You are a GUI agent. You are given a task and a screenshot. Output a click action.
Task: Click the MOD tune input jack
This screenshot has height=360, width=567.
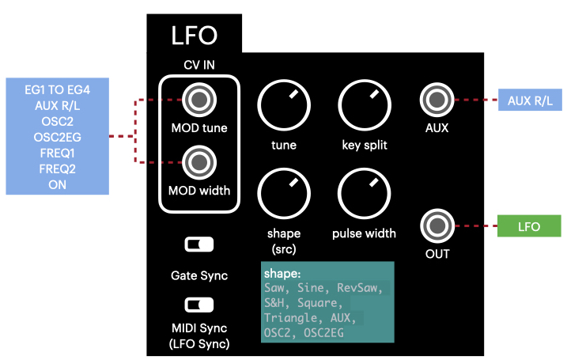tap(198, 100)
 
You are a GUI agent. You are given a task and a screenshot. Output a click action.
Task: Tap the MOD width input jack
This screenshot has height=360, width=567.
tap(198, 163)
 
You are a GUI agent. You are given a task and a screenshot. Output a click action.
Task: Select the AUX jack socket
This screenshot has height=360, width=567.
tap(436, 100)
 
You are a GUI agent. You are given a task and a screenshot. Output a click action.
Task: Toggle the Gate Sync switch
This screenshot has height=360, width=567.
tap(198, 244)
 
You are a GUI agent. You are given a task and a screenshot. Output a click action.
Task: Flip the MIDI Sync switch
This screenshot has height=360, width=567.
tap(198, 305)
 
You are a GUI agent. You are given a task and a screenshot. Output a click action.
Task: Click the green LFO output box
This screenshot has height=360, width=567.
tap(528, 226)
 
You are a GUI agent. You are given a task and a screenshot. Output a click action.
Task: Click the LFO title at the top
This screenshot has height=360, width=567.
tap(195, 36)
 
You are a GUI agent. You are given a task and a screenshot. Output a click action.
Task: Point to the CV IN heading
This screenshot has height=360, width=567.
tap(198, 66)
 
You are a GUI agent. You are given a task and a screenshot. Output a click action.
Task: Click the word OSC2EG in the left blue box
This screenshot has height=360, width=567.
tap(56, 136)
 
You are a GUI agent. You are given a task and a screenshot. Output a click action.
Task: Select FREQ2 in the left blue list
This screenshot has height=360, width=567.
tap(56, 169)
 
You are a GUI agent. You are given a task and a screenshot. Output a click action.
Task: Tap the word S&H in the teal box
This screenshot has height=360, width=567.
tap(276, 303)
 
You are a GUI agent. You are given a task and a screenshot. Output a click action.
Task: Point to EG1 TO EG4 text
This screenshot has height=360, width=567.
tap(57, 87)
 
